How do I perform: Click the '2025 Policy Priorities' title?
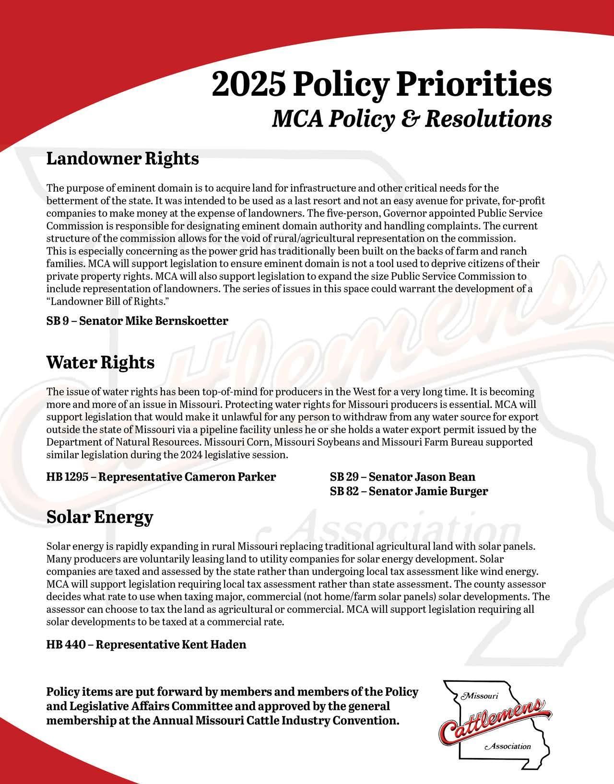point(381,85)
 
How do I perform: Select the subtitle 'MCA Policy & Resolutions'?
point(412,119)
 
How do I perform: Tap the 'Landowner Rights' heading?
point(122,159)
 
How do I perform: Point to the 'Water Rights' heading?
point(100,362)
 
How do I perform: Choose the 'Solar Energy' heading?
point(100,517)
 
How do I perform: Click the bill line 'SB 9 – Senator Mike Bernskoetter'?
point(137,321)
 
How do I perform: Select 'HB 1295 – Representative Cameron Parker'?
point(161,477)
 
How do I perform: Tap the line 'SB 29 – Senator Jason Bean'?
point(402,477)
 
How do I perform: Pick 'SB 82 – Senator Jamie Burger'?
point(409,491)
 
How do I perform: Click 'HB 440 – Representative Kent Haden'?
point(146,644)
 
